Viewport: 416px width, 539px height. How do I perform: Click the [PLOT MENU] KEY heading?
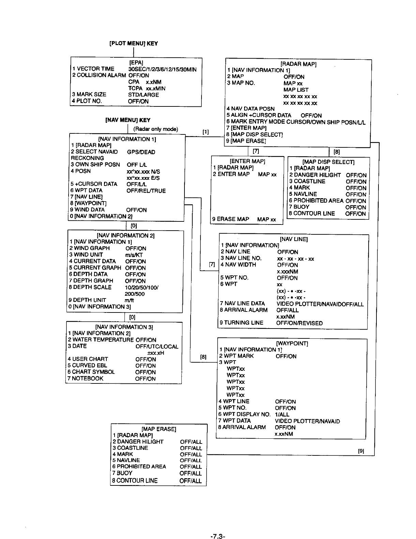click(x=133, y=43)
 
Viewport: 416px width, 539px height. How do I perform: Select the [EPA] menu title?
click(x=136, y=63)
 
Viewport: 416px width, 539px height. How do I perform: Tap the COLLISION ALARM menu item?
click(x=99, y=75)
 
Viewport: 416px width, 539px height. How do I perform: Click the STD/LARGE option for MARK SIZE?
click(x=144, y=94)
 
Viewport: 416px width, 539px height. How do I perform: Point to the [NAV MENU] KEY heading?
click(x=128, y=120)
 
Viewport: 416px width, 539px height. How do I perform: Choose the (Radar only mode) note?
click(x=156, y=129)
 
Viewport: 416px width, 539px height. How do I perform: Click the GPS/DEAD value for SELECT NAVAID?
click(x=141, y=152)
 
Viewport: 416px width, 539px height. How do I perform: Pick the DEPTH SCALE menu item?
click(x=90, y=287)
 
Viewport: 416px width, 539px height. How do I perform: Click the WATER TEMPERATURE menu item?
click(x=101, y=340)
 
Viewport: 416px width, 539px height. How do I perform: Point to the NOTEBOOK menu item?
click(x=85, y=378)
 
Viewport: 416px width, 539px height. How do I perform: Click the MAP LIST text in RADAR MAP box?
click(x=296, y=90)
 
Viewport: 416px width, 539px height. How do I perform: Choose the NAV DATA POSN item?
click(x=251, y=109)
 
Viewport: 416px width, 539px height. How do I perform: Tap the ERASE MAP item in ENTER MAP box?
click(x=231, y=219)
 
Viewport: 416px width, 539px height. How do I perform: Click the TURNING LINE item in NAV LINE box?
click(x=241, y=323)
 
